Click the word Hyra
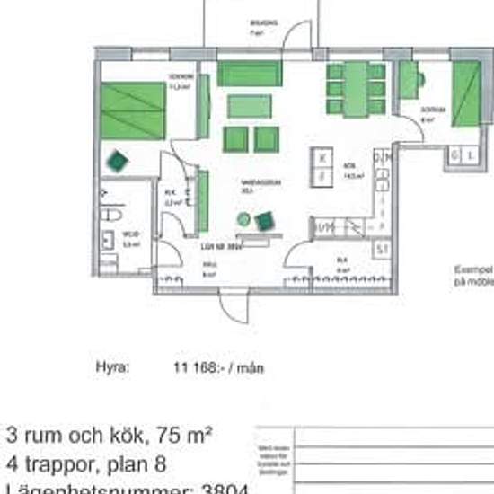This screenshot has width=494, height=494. coord(113,366)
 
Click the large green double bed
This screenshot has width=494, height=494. coord(133,110)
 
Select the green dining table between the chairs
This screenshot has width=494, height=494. coord(357,89)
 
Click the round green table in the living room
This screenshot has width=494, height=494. coord(243,218)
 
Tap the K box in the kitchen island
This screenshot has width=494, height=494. coord(322,156)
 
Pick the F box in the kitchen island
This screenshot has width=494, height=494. coord(322,175)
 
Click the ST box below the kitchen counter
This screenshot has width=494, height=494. coord(383,248)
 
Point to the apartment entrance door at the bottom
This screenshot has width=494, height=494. coord(232,307)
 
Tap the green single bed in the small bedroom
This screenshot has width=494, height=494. coord(466,94)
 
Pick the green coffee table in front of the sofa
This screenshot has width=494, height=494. coord(249,107)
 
